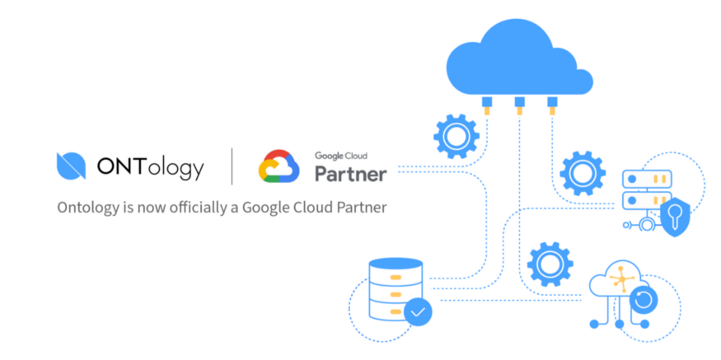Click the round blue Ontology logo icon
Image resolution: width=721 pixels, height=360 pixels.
[x=71, y=166]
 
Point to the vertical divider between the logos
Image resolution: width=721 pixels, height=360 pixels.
[x=232, y=166]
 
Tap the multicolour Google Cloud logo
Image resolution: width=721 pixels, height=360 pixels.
[x=279, y=166]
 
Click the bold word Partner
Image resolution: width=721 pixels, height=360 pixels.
[x=350, y=175]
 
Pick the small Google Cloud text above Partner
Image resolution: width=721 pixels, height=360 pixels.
[x=341, y=156]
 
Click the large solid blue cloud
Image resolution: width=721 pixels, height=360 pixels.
[x=519, y=58]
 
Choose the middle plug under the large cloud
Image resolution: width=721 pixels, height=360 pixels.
[x=520, y=105]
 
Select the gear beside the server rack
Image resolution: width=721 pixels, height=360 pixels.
[x=582, y=173]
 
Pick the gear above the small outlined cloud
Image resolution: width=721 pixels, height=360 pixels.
[x=550, y=264]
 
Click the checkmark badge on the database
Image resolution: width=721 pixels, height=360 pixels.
[x=418, y=312]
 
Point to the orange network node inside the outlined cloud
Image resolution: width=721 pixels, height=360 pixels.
[x=621, y=278]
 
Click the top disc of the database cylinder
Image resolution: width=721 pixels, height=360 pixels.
[x=396, y=264]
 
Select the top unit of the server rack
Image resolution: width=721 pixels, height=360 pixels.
[x=647, y=178]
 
